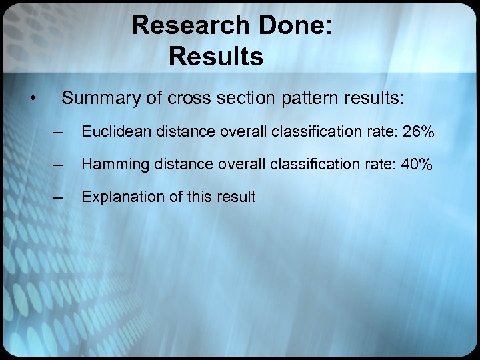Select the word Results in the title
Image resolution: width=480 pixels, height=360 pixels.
coord(216,56)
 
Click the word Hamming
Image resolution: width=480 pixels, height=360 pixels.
coord(111,165)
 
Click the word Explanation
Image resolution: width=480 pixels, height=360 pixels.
coord(117,197)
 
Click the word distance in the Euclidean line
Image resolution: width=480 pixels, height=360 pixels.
coord(173,133)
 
